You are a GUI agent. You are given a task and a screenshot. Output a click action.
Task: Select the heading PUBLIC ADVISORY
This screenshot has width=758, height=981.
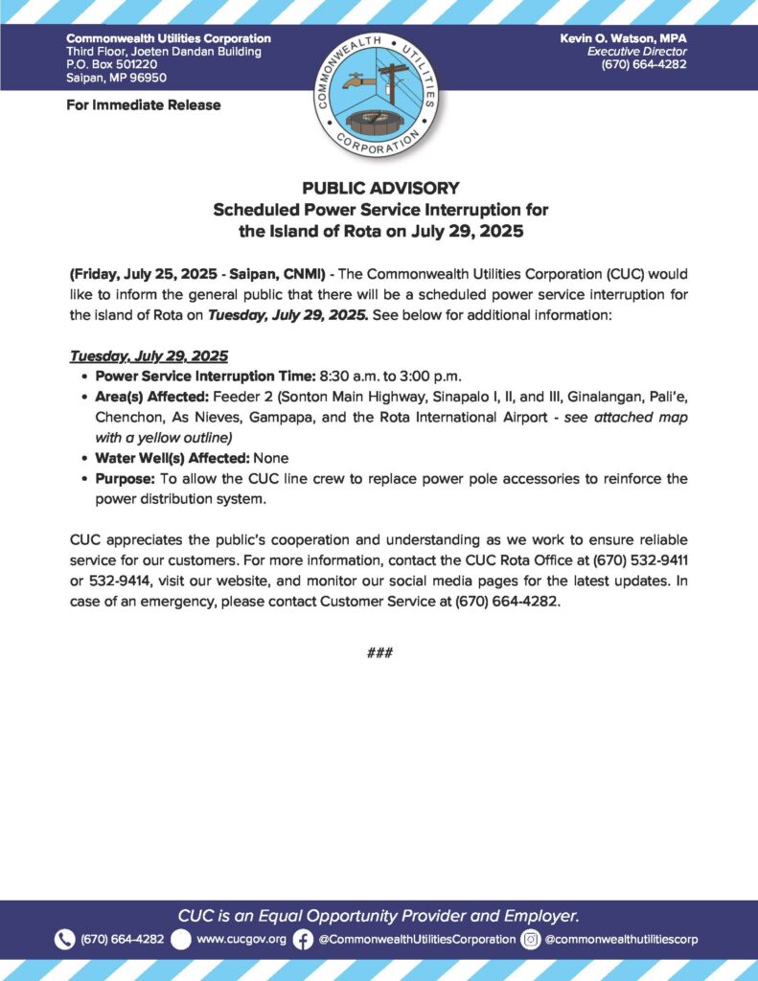[380, 188]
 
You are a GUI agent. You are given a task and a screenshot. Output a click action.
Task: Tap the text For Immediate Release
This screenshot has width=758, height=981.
[144, 105]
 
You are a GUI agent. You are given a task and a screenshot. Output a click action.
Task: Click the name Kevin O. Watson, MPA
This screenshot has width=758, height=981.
[623, 37]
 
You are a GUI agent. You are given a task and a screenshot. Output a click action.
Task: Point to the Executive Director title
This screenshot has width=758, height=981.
[637, 51]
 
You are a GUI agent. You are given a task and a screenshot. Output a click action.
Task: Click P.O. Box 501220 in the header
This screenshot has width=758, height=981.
[105, 64]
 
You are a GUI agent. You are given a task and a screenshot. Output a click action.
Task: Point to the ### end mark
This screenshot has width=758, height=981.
[380, 652]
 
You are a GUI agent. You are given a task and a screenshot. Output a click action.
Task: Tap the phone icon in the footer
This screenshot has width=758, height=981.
[64, 940]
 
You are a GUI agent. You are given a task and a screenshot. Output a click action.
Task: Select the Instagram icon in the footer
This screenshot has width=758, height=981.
[530, 940]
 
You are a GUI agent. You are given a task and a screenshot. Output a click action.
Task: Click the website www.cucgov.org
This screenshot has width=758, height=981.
[241, 940]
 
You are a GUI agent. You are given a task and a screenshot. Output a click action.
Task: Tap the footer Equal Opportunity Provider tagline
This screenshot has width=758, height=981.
[379, 914]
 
